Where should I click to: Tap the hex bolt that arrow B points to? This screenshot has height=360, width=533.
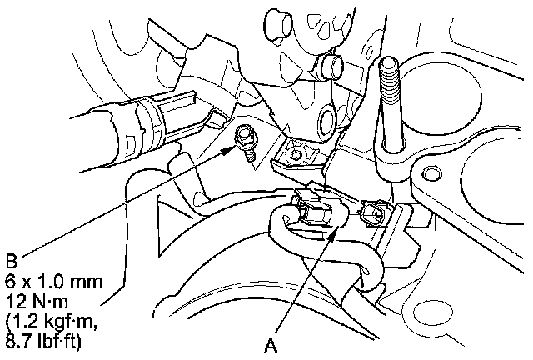click(x=245, y=136)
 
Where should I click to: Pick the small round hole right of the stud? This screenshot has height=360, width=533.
click(x=430, y=174)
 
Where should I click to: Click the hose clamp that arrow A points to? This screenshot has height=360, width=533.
click(x=317, y=211)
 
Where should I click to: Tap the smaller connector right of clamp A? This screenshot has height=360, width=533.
click(x=371, y=216)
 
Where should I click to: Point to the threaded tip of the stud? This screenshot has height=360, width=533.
click(x=388, y=65)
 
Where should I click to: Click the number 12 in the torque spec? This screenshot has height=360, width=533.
click(x=12, y=288)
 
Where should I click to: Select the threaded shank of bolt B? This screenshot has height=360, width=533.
click(x=248, y=155)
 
